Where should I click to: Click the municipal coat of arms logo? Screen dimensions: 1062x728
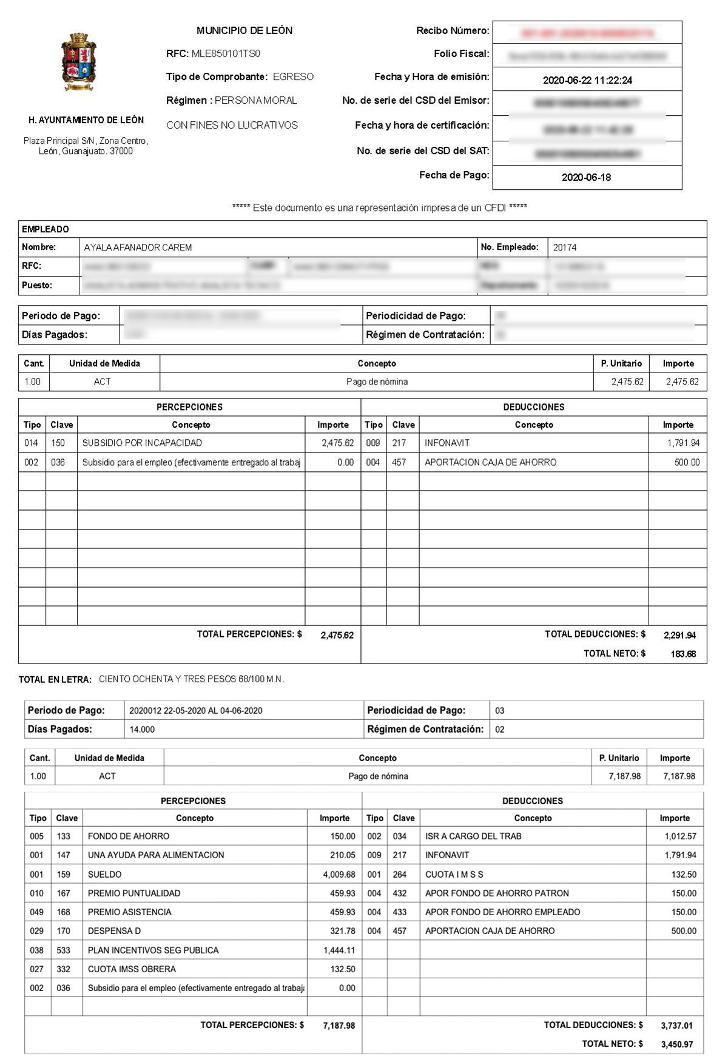[79, 62]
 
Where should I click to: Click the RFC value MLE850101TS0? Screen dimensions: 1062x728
[226, 53]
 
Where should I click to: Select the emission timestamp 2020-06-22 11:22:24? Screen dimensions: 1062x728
[587, 80]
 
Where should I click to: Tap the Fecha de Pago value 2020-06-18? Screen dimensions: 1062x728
[586, 177]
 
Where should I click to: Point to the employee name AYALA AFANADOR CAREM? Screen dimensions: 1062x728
[138, 247]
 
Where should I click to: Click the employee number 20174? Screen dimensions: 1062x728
[565, 247]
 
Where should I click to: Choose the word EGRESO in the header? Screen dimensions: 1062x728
[293, 77]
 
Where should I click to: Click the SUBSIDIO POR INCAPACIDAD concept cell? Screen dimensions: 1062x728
[142, 443]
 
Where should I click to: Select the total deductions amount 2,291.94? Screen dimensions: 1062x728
[679, 635]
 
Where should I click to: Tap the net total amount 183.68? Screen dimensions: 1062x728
[683, 654]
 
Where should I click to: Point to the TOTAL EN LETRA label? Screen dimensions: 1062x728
[55, 679]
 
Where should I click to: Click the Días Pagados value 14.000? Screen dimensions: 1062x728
[142, 729]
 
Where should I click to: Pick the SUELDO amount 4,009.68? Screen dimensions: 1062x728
[335, 874]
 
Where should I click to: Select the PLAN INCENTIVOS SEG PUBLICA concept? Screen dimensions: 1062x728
[153, 950]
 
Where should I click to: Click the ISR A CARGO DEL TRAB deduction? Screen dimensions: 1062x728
[473, 836]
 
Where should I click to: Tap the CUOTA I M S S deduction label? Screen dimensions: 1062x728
[454, 874]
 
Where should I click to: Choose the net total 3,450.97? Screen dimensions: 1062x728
[677, 1044]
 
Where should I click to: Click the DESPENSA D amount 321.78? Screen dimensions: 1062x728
[342, 930]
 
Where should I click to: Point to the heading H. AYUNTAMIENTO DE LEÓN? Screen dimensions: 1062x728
[86, 120]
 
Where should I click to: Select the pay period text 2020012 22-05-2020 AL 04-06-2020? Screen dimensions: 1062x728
[195, 710]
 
